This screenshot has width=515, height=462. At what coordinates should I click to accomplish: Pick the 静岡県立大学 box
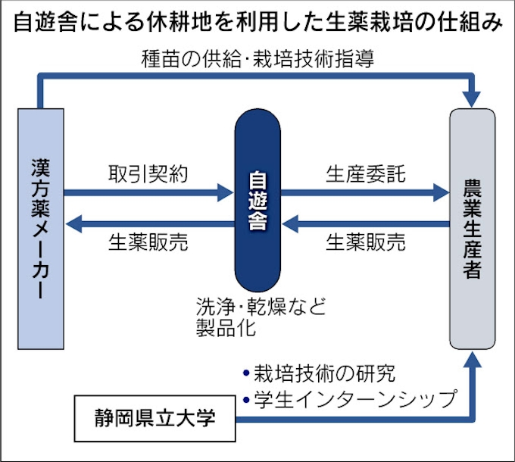[154, 417]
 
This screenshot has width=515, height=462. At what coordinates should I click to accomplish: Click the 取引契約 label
[147, 174]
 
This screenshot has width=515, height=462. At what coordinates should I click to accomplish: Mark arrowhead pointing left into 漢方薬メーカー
[73, 223]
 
